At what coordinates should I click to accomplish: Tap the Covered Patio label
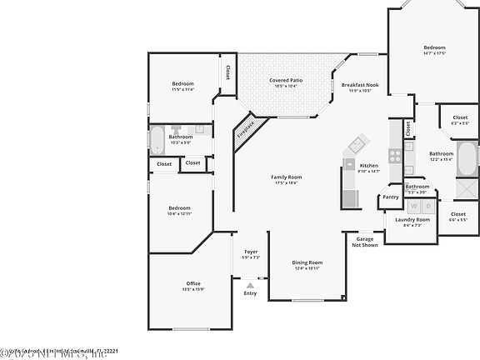click(286, 81)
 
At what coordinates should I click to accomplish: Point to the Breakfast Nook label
click(361, 85)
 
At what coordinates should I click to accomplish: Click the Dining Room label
click(307, 262)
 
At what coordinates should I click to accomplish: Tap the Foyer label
click(251, 252)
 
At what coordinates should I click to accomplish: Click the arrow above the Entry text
click(250, 284)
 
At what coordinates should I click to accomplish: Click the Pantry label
click(390, 197)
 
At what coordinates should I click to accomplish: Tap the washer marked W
click(412, 204)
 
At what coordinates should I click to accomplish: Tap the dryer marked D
click(427, 204)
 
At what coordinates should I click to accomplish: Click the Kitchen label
click(369, 166)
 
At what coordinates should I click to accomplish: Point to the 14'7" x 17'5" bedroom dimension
click(434, 53)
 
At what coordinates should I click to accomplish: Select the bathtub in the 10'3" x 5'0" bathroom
click(158, 139)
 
